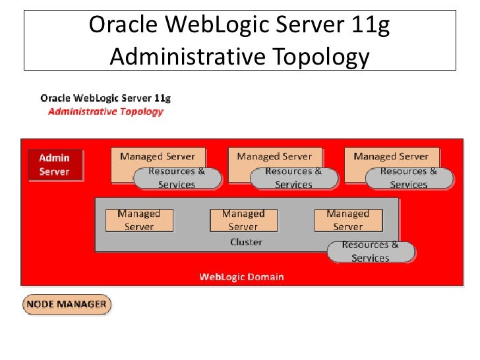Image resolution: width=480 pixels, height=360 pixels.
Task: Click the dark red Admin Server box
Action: (56, 165)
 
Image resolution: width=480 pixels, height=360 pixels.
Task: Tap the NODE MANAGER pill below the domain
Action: (67, 305)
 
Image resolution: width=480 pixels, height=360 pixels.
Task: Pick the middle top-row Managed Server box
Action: (274, 157)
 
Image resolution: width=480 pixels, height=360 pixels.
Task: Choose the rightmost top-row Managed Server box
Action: (391, 157)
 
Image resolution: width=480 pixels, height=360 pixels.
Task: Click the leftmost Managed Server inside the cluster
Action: (138, 220)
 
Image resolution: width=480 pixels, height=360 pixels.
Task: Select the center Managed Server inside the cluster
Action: (243, 220)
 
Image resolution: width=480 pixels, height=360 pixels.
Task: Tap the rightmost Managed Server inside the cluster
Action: (347, 220)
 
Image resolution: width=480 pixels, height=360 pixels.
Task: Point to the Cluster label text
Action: (246, 242)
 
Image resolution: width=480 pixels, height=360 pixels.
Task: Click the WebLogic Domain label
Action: (241, 277)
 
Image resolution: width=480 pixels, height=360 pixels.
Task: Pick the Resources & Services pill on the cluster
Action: (371, 251)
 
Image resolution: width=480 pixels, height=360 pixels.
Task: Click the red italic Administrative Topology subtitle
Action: (105, 111)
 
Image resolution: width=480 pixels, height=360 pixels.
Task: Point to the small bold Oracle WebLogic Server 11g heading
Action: (105, 98)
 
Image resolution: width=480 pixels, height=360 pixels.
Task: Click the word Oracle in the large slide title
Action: (122, 26)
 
